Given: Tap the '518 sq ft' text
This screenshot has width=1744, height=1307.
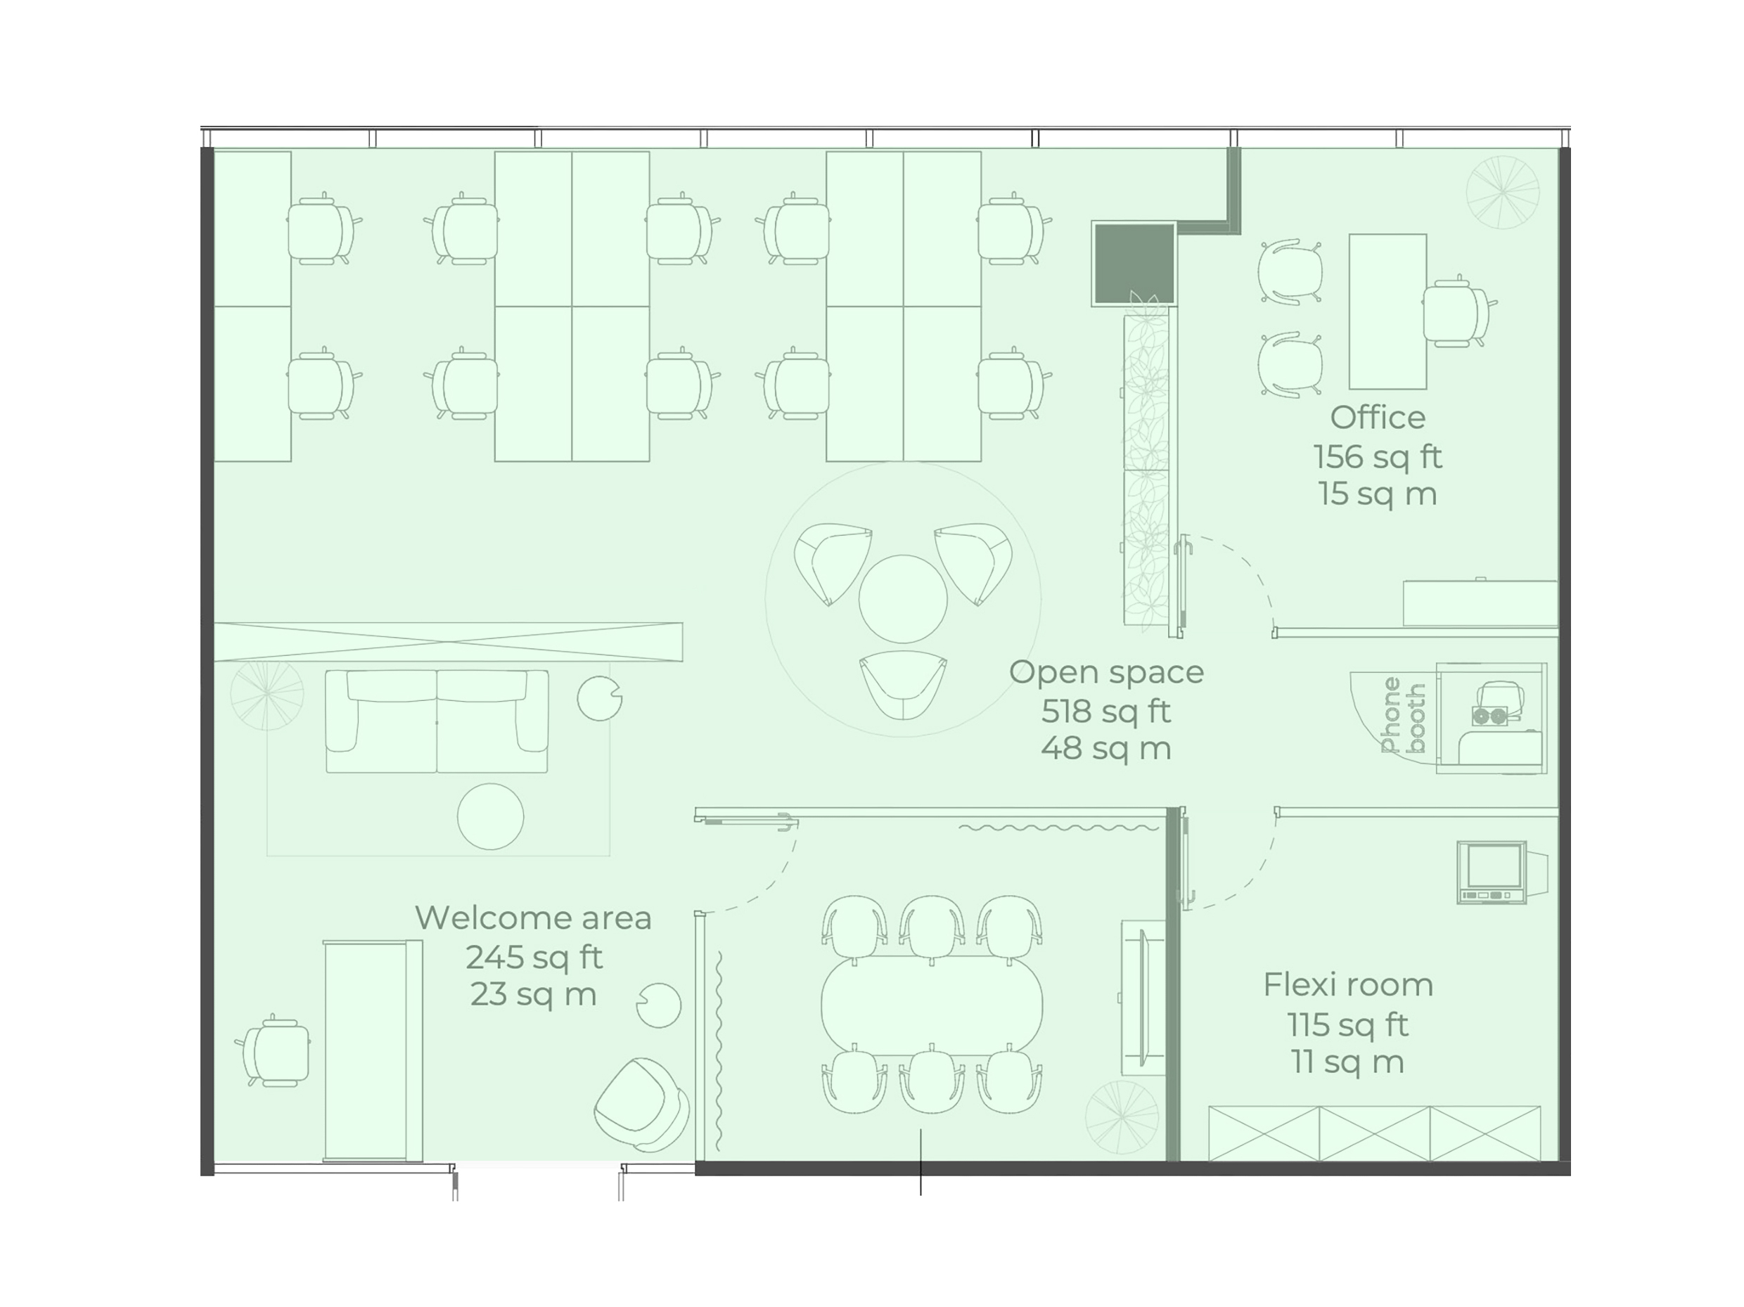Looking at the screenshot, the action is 1105,711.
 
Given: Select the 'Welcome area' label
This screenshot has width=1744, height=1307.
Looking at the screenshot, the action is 533,918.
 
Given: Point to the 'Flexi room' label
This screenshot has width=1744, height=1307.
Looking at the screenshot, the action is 1347,984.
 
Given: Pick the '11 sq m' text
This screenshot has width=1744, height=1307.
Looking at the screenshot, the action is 1347,1062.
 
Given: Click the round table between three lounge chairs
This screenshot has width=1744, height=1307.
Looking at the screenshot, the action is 902,598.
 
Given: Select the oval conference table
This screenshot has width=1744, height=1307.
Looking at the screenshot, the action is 931,1005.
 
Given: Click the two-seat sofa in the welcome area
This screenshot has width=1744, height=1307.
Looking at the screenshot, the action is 437,721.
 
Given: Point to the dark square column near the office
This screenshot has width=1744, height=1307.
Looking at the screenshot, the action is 1133,262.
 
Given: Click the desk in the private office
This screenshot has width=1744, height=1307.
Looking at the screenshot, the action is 1387,311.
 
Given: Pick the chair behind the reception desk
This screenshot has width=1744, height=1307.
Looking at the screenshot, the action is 273,1051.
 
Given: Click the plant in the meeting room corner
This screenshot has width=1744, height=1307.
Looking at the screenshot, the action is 1121,1117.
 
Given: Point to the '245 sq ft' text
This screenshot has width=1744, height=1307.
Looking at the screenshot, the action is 533,957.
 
